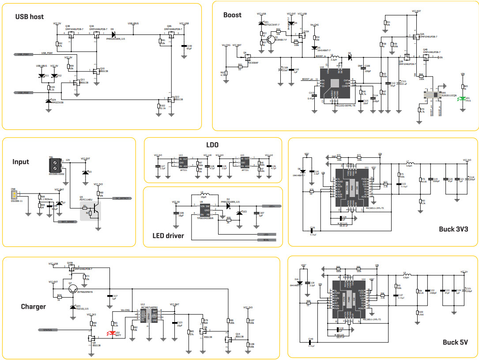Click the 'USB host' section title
point(30,17)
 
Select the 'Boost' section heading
point(232,15)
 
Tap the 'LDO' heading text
point(212,145)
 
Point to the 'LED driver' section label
point(168,236)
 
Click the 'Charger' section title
point(34,307)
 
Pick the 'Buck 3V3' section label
point(453,228)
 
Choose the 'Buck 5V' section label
point(455,342)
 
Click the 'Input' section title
point(21,162)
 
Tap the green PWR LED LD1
point(462,99)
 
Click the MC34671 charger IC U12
point(148,315)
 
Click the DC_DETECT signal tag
point(122,198)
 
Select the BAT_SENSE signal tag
point(67,222)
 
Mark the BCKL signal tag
point(266,240)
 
